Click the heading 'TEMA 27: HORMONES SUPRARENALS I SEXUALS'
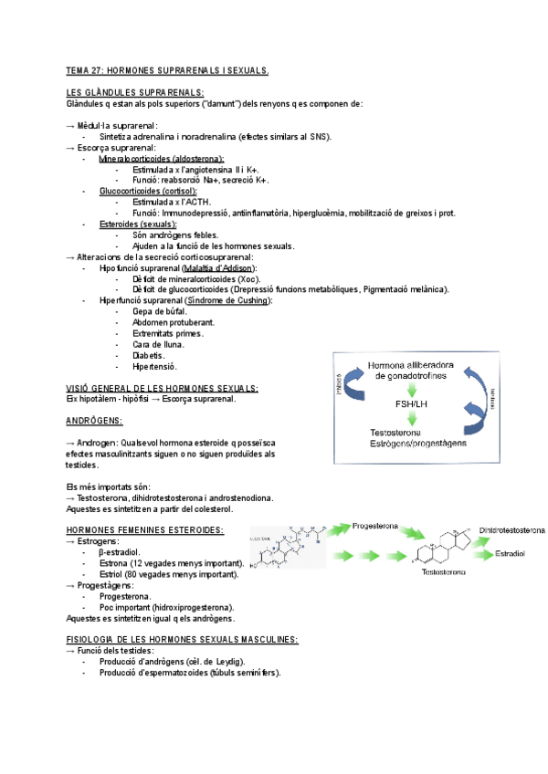pos(167,70)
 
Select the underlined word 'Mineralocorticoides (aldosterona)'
pos(161,159)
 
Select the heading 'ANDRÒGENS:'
pos(95,421)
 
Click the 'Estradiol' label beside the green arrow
pos(509,553)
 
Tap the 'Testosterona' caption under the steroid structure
pos(442,573)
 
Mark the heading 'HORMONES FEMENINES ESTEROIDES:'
pos(145,530)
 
